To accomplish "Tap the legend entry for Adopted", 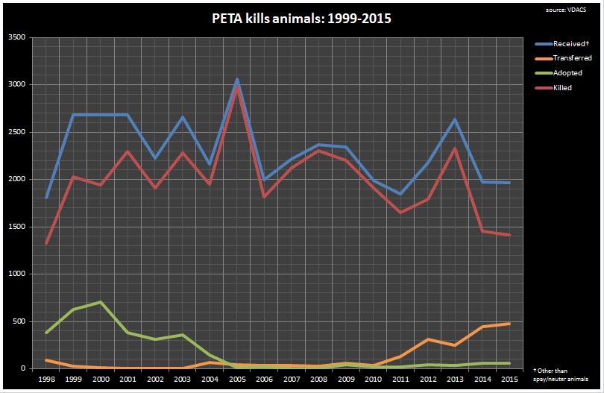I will click(x=562, y=73).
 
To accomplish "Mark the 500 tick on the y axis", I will click(x=22, y=321).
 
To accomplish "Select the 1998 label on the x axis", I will click(x=46, y=379).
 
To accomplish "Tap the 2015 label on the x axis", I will click(x=509, y=379).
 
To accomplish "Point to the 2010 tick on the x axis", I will click(x=373, y=379).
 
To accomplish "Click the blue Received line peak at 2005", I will click(x=237, y=80).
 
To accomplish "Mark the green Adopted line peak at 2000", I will click(x=101, y=302).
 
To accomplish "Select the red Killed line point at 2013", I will click(x=455, y=148).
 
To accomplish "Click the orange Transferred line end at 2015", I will click(x=509, y=324).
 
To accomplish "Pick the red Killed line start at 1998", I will click(x=46, y=243).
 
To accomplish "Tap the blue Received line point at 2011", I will click(x=400, y=194).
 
